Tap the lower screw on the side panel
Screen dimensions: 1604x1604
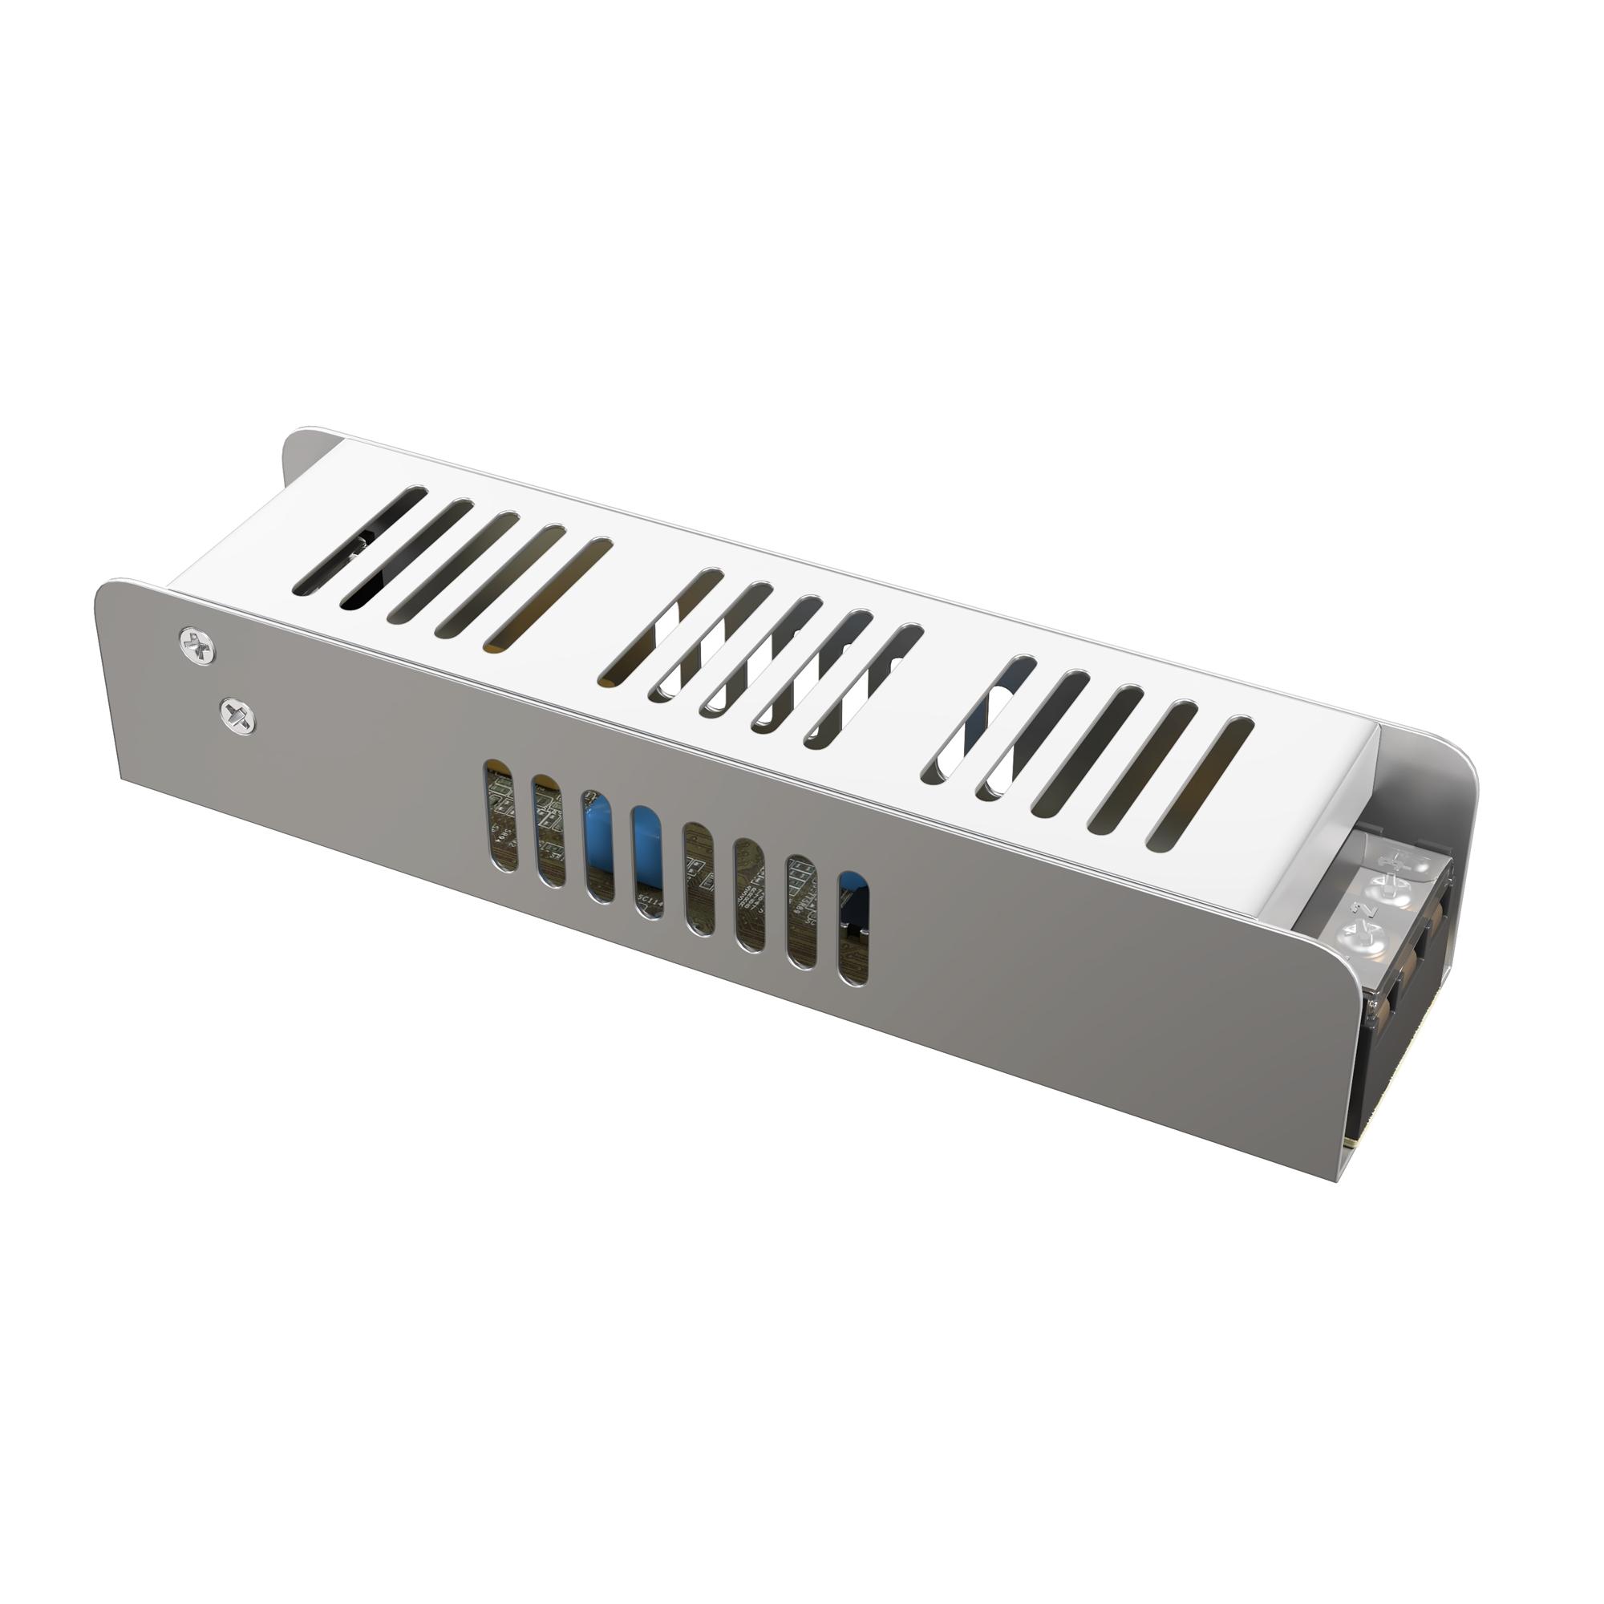[x=237, y=713]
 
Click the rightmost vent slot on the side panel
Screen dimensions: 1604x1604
[x=853, y=927]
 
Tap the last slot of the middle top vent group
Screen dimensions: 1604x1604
[x=864, y=683]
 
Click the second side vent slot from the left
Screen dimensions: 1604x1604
[x=548, y=830]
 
